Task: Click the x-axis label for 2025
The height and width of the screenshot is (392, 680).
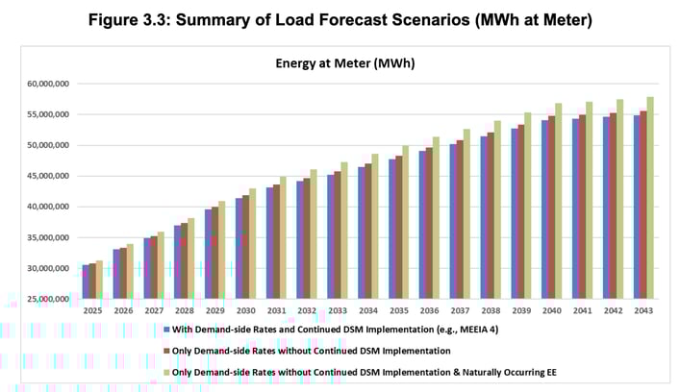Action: point(92,311)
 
